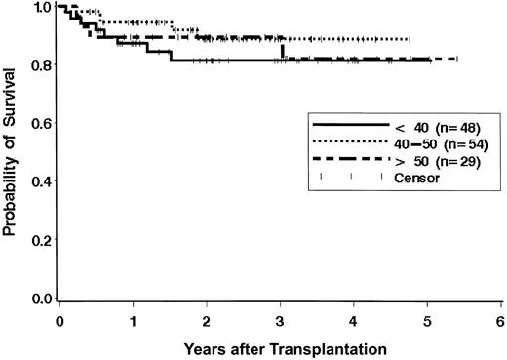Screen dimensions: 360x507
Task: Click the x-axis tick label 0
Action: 59,320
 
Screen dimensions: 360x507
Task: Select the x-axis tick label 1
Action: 133,320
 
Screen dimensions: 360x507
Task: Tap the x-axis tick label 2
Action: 207,320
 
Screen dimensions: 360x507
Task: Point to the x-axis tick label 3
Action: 280,320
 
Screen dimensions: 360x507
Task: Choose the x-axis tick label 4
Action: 353,320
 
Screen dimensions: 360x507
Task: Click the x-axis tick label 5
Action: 426,320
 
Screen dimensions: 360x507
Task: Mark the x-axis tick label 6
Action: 499,320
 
